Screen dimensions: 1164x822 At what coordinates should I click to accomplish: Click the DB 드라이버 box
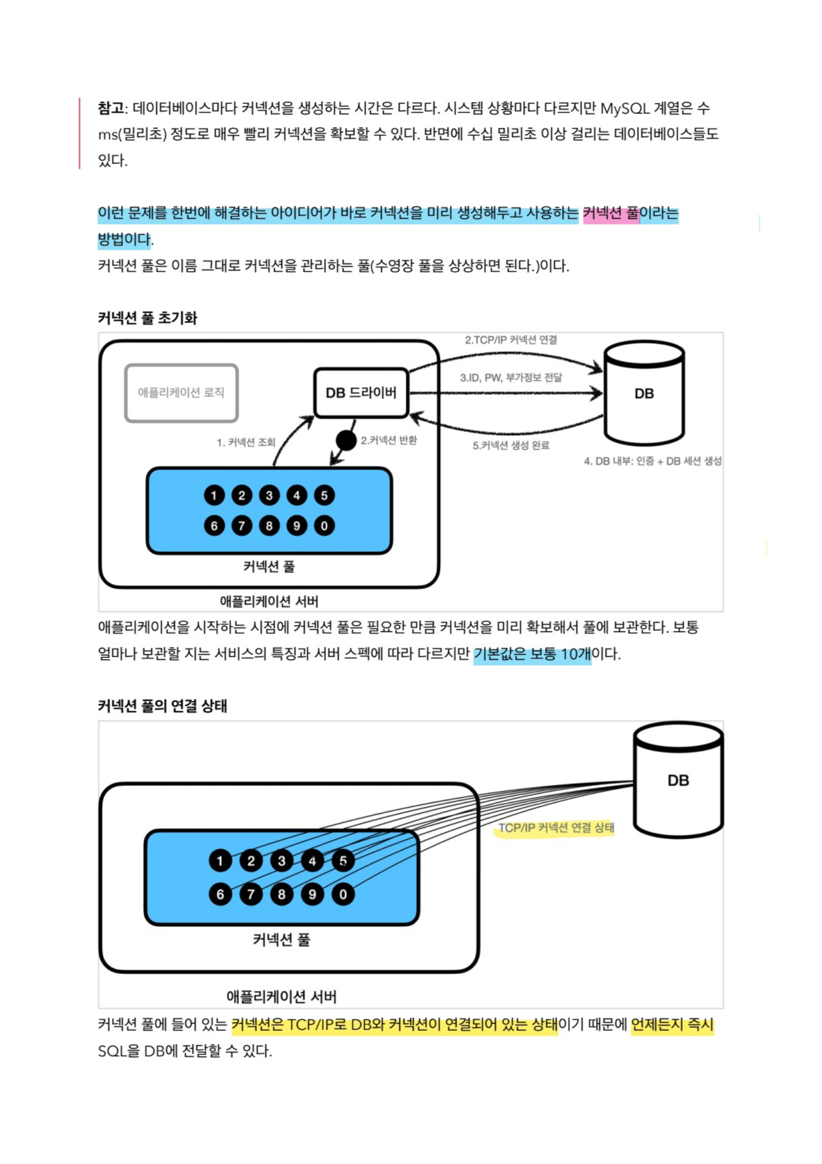click(361, 393)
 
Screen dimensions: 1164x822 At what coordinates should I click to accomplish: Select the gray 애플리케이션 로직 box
click(181, 393)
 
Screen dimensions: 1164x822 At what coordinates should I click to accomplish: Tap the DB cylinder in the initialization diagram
click(644, 393)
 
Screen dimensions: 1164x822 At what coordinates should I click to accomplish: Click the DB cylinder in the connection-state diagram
click(678, 780)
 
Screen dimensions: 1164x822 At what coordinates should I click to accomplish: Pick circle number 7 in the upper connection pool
click(241, 526)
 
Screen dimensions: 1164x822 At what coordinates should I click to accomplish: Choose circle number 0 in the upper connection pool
click(324, 526)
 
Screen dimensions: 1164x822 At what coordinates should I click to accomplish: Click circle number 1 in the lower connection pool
click(220, 861)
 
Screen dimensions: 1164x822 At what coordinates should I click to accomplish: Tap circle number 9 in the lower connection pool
click(312, 894)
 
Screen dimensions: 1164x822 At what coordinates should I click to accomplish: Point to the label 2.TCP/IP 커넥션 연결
click(511, 340)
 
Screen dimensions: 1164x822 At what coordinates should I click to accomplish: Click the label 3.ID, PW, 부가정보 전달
click(511, 377)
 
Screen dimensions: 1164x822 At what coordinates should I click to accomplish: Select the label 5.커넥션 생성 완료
click(511, 446)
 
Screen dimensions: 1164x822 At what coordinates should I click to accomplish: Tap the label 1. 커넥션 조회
click(246, 442)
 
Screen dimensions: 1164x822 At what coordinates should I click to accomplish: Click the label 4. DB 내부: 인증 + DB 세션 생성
click(653, 461)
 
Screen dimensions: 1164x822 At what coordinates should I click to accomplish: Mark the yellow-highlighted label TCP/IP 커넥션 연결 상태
click(556, 828)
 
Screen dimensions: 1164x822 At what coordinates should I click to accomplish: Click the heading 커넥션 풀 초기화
click(148, 318)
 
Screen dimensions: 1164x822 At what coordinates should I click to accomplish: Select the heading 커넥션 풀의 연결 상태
click(162, 706)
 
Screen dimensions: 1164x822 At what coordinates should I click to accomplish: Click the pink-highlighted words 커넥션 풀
click(611, 214)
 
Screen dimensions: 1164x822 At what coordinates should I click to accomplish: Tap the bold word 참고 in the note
click(111, 108)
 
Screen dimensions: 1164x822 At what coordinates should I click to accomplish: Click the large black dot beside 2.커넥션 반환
click(346, 440)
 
